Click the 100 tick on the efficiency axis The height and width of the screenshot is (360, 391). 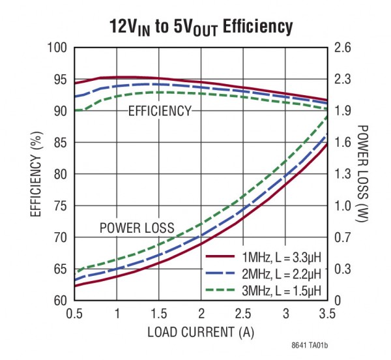pyautogui.click(x=58, y=48)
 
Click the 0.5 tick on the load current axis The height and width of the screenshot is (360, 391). pyautogui.click(x=75, y=314)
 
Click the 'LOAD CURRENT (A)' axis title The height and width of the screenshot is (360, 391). pyautogui.click(x=201, y=331)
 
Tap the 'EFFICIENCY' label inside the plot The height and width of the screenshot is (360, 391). pyautogui.click(x=160, y=111)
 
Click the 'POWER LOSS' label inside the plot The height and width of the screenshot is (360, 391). pyautogui.click(x=137, y=228)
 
